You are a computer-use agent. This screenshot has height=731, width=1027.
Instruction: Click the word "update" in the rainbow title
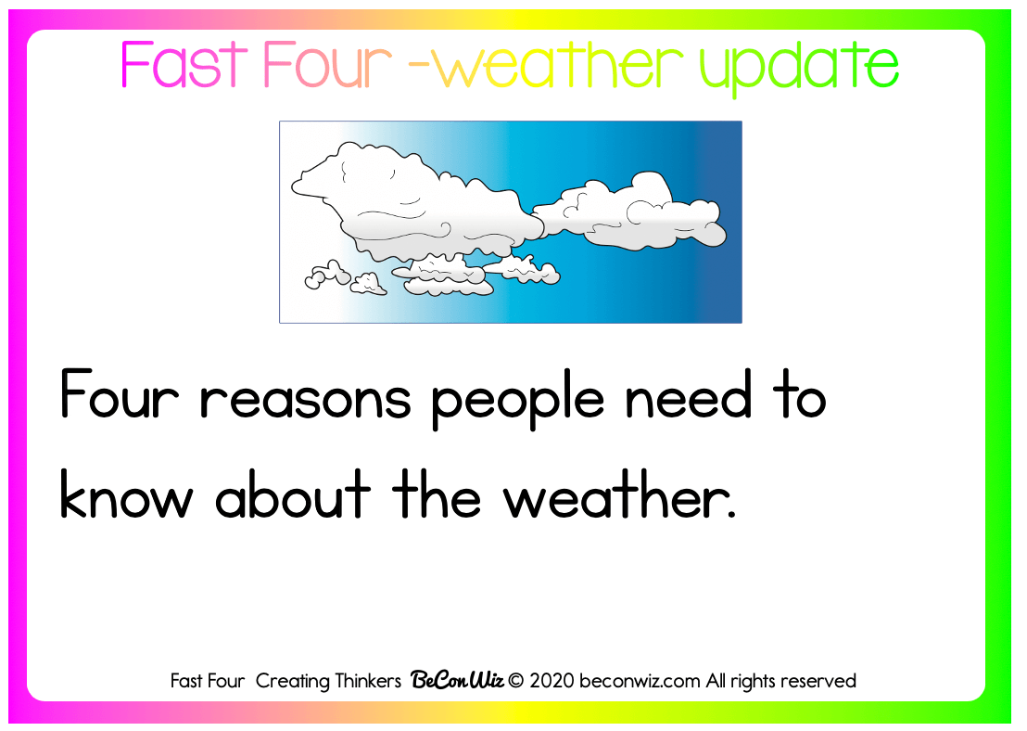coord(799,68)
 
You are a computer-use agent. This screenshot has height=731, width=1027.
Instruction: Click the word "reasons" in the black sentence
coord(305,399)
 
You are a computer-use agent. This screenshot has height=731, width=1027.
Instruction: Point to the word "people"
coord(517,399)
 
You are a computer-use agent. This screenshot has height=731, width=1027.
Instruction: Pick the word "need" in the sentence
coord(689,393)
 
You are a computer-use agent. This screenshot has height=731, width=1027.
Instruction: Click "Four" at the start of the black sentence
coord(120,393)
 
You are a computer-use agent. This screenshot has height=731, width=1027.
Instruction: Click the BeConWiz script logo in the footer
coord(457,681)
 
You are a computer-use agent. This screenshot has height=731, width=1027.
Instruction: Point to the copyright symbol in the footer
coord(515,681)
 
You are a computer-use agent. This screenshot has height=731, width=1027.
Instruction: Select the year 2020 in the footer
coord(552,681)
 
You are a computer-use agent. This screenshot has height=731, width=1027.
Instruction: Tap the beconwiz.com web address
coord(640,681)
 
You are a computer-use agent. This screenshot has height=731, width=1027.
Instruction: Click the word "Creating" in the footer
coord(292,682)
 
